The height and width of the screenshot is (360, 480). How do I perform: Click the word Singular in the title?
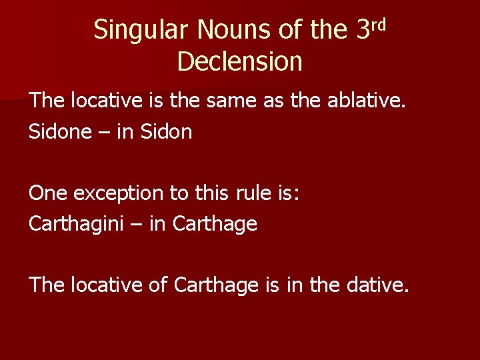click(x=135, y=30)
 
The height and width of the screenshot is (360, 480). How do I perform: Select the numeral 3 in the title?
click(x=363, y=30)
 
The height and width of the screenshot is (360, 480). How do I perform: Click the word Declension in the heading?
click(x=240, y=61)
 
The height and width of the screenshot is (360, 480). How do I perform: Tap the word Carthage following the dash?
click(x=214, y=224)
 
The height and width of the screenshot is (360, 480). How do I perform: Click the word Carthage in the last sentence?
click(x=215, y=285)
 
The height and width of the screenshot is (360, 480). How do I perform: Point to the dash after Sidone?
click(x=105, y=132)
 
